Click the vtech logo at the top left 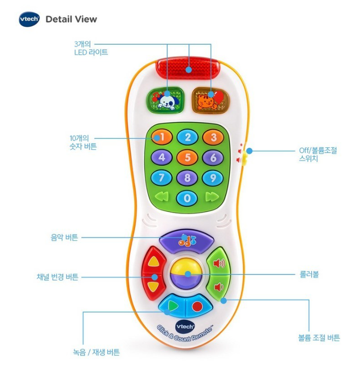[29, 19]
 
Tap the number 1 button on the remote [162, 137]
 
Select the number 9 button [213, 177]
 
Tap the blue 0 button [187, 198]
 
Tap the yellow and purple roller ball [187, 274]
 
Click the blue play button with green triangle [172, 306]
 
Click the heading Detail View [71, 19]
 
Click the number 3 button [213, 137]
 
